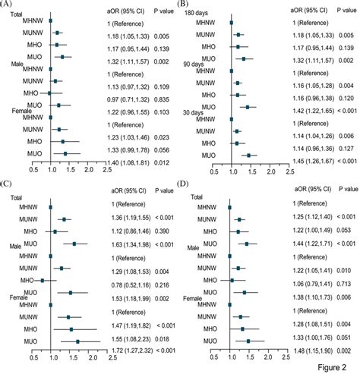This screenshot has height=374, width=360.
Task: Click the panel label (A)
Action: (x=8, y=6)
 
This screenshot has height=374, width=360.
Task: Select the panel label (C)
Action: (x=8, y=184)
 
